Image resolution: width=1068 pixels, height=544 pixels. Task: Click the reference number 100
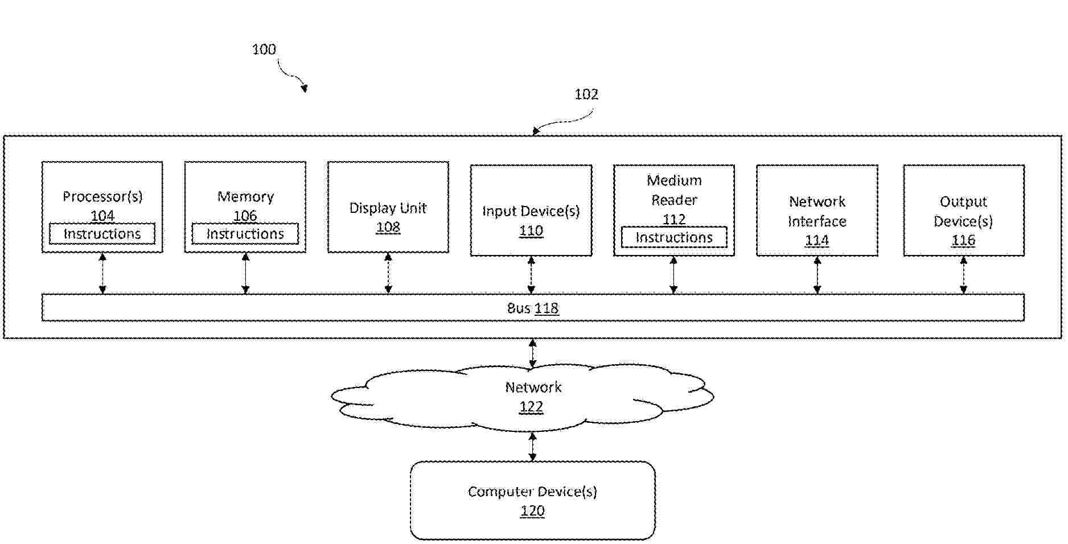click(x=264, y=50)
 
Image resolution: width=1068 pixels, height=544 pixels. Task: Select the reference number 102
click(x=586, y=94)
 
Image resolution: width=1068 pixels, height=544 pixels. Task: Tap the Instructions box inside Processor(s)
click(x=102, y=234)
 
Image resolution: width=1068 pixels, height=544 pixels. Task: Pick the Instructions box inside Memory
click(x=245, y=234)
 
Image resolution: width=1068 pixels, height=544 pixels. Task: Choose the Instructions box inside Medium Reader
click(x=673, y=237)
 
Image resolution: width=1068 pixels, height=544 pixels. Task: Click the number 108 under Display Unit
click(x=388, y=228)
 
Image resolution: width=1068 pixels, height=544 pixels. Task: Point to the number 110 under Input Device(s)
click(x=531, y=231)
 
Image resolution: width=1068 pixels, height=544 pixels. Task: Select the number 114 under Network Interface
click(x=816, y=241)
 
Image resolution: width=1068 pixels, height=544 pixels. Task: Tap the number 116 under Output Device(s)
click(x=963, y=241)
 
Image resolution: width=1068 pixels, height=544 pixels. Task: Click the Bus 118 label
click(x=533, y=308)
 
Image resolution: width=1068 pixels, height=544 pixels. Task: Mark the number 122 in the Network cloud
click(x=531, y=407)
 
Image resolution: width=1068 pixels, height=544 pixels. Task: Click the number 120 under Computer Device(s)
click(x=532, y=511)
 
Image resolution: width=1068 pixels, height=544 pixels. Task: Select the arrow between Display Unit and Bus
click(x=388, y=273)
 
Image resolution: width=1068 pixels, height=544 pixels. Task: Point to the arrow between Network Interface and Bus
click(x=817, y=275)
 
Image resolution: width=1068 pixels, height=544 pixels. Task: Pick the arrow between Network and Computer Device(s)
click(x=532, y=447)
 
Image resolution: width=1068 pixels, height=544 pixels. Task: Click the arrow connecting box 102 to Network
click(x=532, y=353)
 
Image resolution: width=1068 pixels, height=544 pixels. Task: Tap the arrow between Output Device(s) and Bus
click(x=963, y=275)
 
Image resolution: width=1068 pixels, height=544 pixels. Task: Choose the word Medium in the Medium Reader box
click(x=674, y=181)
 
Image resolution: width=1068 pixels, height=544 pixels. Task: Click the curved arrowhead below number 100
click(x=305, y=88)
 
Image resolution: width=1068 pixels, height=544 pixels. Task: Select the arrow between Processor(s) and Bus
click(x=102, y=273)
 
